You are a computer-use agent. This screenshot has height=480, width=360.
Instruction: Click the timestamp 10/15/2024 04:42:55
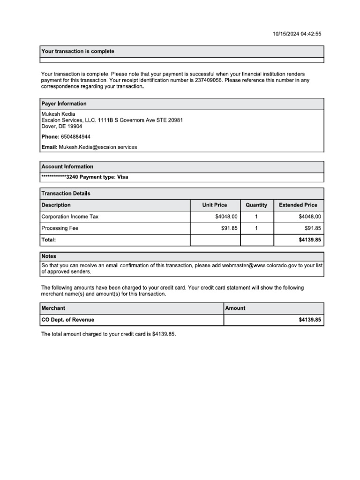297,34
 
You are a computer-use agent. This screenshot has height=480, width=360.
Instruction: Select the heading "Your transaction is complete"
78,51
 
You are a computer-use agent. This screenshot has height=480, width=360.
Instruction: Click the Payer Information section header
64,104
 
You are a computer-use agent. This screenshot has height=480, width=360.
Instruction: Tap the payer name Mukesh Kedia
58,114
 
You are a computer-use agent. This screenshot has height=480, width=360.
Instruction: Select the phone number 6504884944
75,137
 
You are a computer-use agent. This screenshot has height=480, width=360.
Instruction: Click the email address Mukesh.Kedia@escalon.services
98,147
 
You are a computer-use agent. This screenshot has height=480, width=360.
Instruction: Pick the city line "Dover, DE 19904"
61,127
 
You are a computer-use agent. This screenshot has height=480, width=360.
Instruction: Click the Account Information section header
67,166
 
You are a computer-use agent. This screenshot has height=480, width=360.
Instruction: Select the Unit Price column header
214,205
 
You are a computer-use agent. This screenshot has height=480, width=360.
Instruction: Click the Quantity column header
256,205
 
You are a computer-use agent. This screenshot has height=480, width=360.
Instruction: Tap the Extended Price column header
298,205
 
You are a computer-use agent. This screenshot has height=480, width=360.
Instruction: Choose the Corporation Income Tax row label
70,217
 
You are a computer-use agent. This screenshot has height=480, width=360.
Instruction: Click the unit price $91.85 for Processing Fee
230,228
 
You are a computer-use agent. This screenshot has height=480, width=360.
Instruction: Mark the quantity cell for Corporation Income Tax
256,217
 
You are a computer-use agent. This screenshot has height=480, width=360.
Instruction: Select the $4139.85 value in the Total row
309,240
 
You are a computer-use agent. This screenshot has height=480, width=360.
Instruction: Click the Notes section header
49,256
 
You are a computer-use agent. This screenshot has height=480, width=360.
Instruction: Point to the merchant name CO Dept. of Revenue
68,320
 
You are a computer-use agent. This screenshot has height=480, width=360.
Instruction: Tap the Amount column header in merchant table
235,308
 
